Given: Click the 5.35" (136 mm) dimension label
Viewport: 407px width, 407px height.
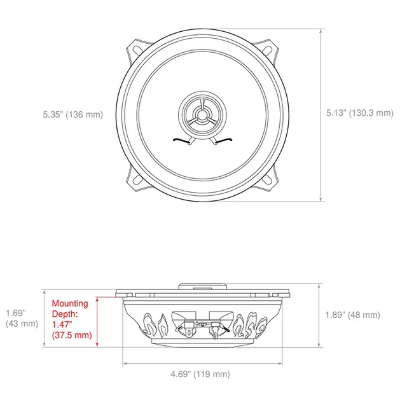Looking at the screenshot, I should click(x=72, y=115).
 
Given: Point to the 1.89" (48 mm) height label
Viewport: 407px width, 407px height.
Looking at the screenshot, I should click(x=353, y=315).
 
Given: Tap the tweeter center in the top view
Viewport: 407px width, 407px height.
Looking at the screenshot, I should click(x=203, y=116).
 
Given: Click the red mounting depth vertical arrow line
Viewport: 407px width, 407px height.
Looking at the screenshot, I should click(x=97, y=321).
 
